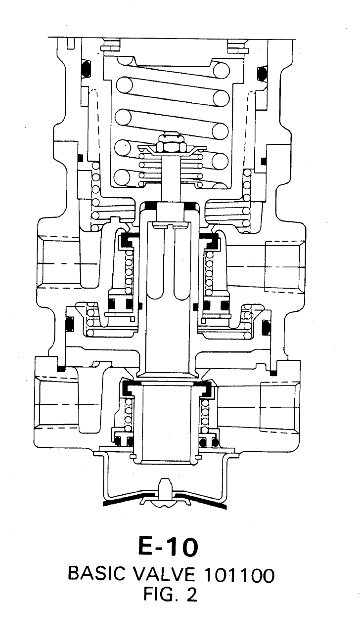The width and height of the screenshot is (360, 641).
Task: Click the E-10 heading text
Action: (x=168, y=547)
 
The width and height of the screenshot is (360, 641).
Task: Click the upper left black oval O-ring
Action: (x=86, y=69)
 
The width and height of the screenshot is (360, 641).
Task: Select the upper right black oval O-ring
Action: (x=262, y=74)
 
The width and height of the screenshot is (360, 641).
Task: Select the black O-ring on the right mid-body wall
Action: (x=266, y=327)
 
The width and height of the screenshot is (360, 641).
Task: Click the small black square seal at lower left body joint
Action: (x=61, y=369)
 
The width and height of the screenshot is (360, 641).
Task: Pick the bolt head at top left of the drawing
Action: (x=111, y=46)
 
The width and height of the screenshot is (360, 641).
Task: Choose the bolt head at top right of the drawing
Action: (x=238, y=47)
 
